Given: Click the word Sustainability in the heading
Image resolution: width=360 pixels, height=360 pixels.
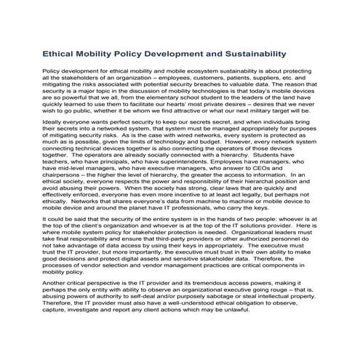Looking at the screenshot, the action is click(249, 53).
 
